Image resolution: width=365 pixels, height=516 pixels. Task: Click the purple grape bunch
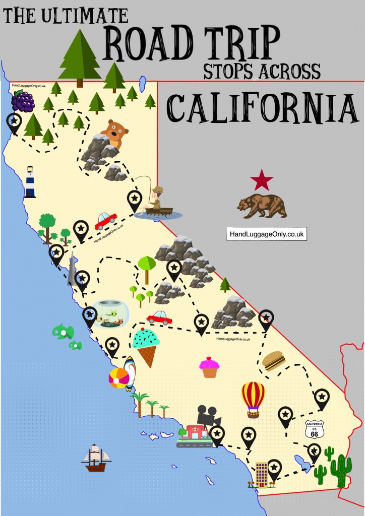coord(23,102)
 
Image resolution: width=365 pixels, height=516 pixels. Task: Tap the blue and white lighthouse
coord(30,182)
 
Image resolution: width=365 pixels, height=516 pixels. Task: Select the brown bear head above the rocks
coord(111,133)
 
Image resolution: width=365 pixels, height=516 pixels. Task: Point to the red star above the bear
coord(262,180)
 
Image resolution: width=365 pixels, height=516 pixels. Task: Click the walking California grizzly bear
coord(262,206)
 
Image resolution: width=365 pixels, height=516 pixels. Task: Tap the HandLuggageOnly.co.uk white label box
coord(267,234)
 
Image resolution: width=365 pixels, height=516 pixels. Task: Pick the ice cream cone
coord(146,345)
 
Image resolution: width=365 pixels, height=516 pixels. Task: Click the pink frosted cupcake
coord(209,367)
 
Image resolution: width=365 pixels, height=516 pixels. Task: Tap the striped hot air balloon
coord(253,399)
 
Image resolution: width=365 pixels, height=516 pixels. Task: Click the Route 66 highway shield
coord(315,429)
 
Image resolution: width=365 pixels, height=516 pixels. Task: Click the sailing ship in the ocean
coord(96,458)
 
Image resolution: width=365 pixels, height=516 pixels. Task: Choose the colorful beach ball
coord(119,378)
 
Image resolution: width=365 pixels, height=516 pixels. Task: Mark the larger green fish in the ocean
coord(63,332)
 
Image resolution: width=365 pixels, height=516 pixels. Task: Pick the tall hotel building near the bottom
coord(261,474)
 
